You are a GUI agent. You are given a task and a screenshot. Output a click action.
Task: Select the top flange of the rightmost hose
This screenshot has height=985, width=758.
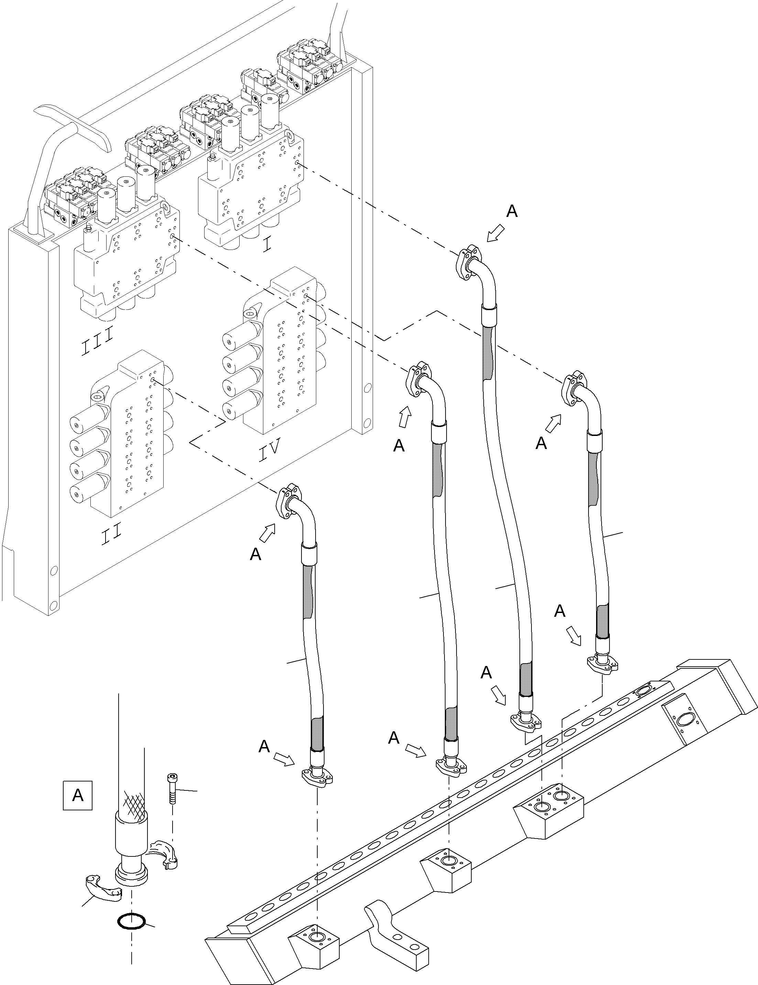tap(575, 387)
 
